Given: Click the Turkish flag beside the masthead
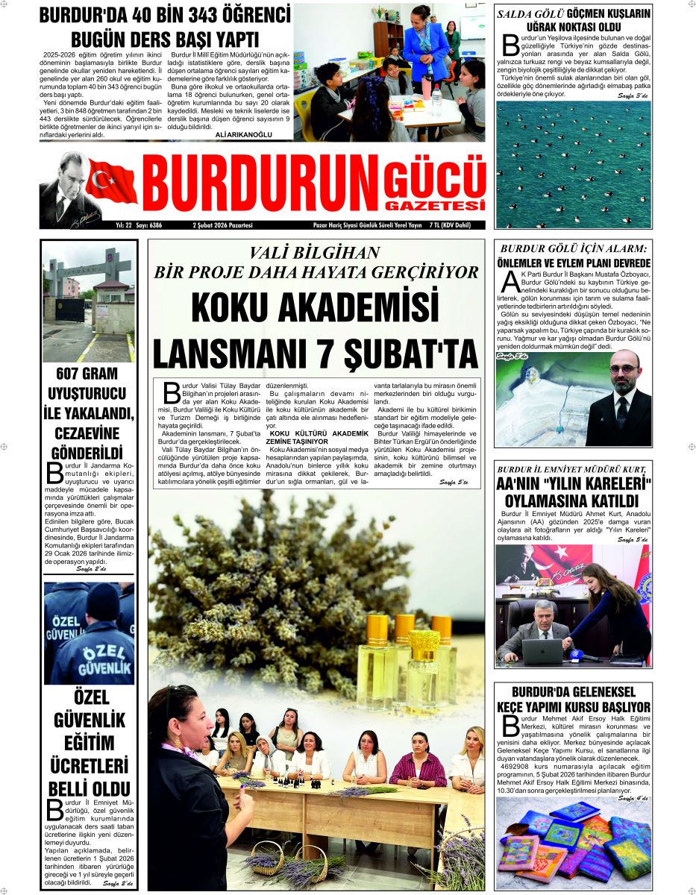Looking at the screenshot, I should coord(111,181).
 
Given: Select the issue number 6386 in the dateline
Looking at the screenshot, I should coord(155,224).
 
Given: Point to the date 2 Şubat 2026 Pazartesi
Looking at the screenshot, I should coord(222,224).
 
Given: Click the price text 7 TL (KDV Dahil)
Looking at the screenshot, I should coord(467,224).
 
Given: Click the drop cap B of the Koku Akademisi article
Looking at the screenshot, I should coord(172,391).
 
